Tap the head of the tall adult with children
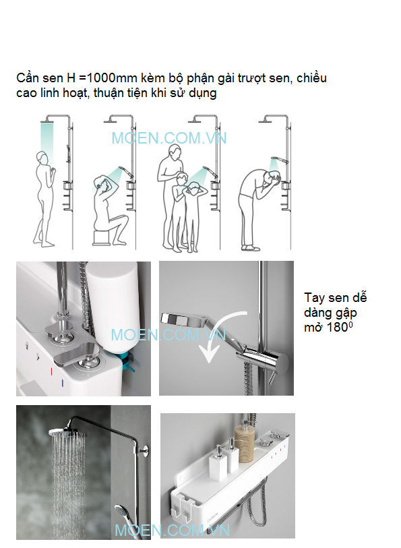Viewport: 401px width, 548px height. [175, 153]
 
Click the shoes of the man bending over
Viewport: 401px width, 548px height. [251, 248]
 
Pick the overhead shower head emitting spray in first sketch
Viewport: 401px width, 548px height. [47, 121]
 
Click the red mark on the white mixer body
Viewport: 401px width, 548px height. [51, 371]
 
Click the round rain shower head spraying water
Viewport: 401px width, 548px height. [68, 432]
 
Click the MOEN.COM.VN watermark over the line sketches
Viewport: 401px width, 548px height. [169, 138]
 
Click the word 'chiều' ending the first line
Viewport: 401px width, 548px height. [311, 78]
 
